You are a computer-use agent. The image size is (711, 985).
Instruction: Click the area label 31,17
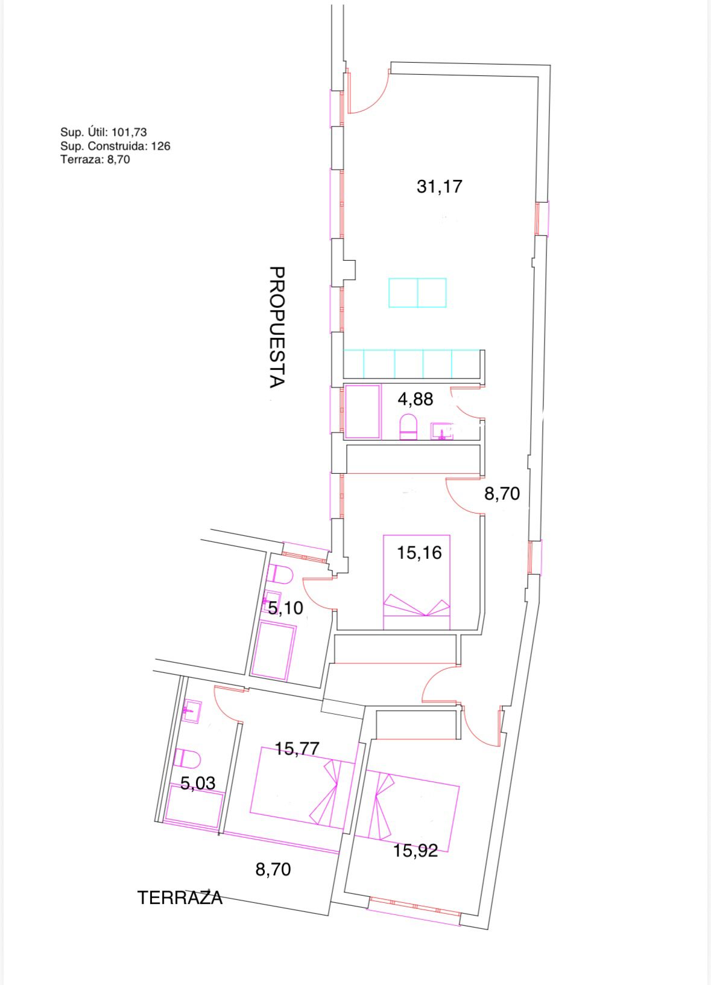click(440, 186)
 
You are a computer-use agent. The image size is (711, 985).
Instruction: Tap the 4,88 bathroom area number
click(416, 400)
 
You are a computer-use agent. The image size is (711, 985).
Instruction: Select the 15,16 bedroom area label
click(419, 553)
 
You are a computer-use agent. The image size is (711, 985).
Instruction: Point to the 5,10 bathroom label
click(286, 608)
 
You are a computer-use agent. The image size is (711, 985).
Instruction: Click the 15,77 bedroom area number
click(297, 748)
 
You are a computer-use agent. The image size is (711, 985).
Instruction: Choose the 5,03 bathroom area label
click(198, 783)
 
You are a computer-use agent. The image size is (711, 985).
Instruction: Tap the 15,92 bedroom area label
click(416, 851)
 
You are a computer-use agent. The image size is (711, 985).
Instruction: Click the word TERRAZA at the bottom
click(180, 898)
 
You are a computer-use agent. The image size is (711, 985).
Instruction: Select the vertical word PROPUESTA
click(277, 327)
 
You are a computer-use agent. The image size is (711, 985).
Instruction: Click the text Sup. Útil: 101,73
click(104, 132)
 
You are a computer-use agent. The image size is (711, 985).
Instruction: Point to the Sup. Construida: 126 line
click(115, 146)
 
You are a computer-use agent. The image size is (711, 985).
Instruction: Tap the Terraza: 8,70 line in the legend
click(95, 159)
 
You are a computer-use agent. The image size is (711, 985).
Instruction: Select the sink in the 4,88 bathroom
click(441, 432)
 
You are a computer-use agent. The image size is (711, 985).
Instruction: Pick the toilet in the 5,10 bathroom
click(280, 575)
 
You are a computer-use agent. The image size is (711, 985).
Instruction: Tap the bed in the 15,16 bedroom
click(417, 582)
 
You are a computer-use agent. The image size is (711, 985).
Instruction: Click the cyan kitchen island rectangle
click(417, 292)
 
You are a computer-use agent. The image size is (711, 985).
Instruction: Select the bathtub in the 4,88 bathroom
click(362, 412)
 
